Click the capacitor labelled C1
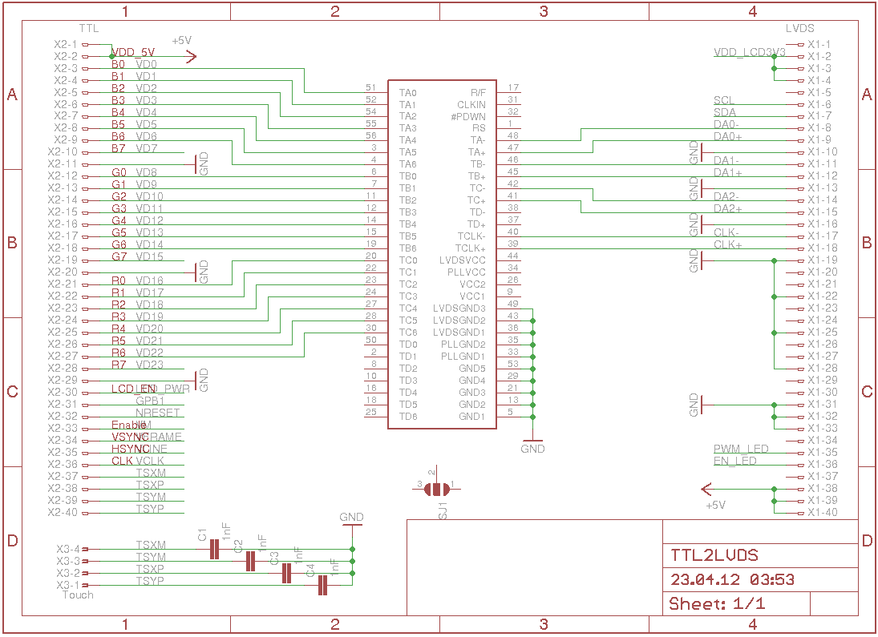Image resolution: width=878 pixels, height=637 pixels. pos(214,549)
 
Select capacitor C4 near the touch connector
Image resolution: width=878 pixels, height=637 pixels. pos(323,586)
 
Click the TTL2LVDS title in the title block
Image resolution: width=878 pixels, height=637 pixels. pos(714,555)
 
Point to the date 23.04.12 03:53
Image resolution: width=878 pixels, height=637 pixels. pos(732,579)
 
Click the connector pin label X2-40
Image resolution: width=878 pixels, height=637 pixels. pos(63,513)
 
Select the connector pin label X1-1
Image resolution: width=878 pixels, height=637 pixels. pos(819,45)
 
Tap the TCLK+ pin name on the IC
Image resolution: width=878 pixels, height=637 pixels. pos(471,248)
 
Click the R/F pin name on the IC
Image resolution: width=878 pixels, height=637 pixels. pos(478,92)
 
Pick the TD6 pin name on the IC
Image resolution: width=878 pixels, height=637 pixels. pos(408,417)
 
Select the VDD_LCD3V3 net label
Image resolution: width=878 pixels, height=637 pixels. pos(749,52)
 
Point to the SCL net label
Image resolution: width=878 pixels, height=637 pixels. pos(723,100)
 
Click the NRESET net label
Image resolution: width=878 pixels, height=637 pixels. pos(158,413)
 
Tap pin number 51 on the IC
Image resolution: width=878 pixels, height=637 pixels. pos(370,87)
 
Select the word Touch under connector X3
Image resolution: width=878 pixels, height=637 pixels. pos(78,595)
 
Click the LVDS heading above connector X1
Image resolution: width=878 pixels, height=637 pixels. pos(800,28)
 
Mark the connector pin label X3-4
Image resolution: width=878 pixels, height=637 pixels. pos(68,549)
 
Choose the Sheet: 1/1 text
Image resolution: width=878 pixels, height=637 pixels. pos(717,603)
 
